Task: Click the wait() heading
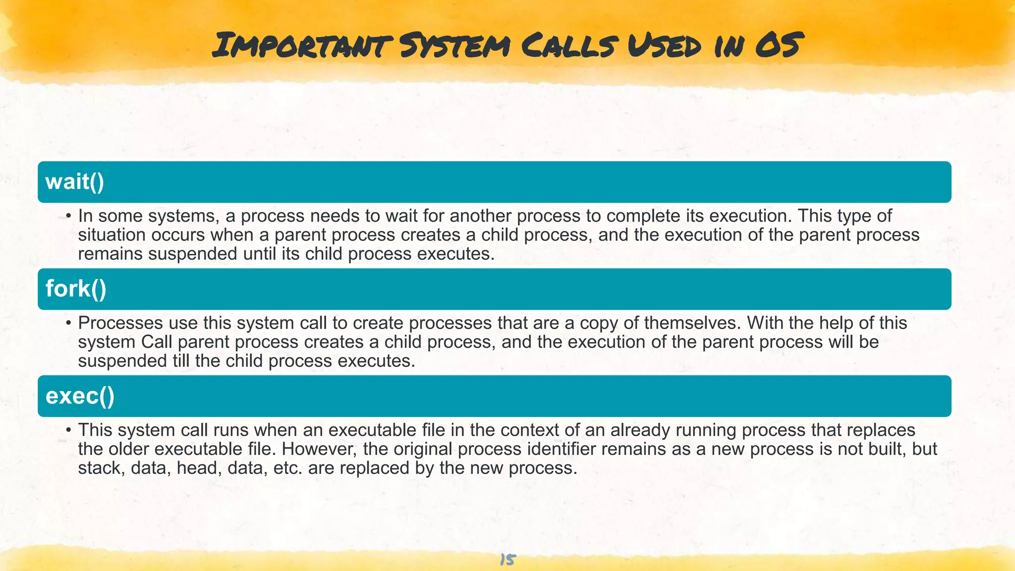(x=75, y=181)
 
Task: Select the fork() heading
(x=76, y=288)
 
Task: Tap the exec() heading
(x=80, y=396)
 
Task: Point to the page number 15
(x=507, y=560)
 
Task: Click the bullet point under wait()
(x=69, y=216)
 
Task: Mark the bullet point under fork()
(x=69, y=323)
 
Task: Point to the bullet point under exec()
(x=69, y=430)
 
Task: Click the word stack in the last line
(x=101, y=468)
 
